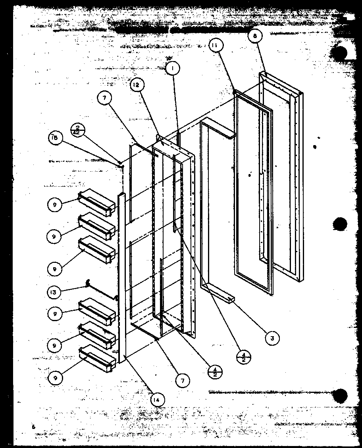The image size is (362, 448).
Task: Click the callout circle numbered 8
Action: [x=255, y=36]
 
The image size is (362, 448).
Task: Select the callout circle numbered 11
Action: [x=214, y=46]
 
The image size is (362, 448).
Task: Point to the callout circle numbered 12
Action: [x=136, y=85]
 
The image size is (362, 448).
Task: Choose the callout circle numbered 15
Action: [x=54, y=138]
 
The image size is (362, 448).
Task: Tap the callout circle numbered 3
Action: [x=272, y=338]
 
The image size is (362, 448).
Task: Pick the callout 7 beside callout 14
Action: [x=182, y=381]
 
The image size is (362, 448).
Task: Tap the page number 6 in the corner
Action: [x=35, y=427]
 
